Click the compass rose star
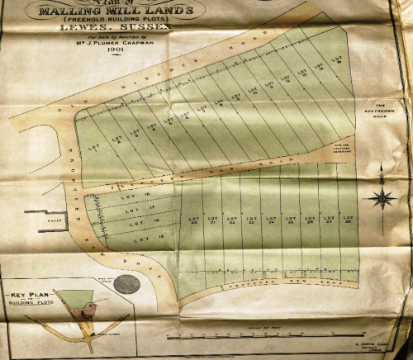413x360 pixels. (x=382, y=197)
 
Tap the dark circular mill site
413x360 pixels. (x=126, y=285)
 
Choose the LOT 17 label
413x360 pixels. (x=126, y=210)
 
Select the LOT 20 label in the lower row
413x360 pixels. (x=195, y=220)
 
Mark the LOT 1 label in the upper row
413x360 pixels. (x=93, y=142)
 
